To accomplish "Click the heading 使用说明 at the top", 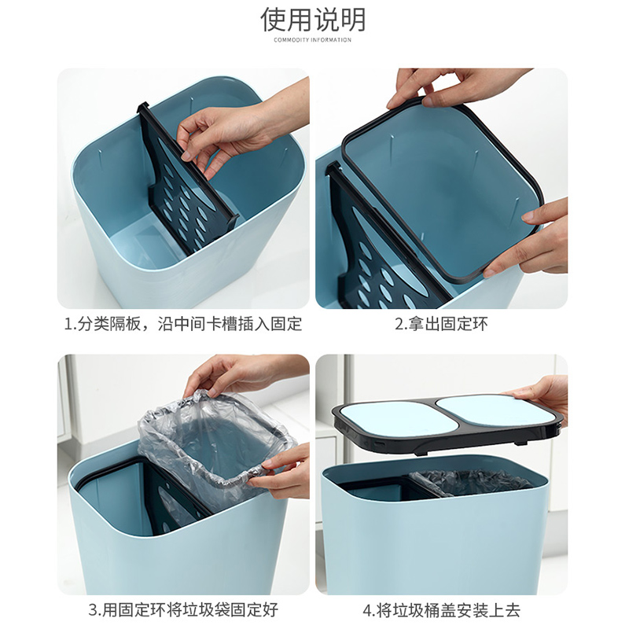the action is pyautogui.click(x=313, y=19).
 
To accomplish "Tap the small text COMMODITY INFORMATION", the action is pyautogui.click(x=312, y=40).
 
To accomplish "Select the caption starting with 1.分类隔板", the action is pyautogui.click(x=183, y=324).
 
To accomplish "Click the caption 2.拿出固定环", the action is pyautogui.click(x=441, y=324).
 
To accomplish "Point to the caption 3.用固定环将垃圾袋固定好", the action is pyautogui.click(x=183, y=610).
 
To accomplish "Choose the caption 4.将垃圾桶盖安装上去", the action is pyautogui.click(x=441, y=610).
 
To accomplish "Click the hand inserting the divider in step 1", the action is pyautogui.click(x=241, y=128).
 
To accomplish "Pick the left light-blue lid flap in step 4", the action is pyautogui.click(x=385, y=418).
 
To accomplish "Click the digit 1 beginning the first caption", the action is pyautogui.click(x=68, y=324).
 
